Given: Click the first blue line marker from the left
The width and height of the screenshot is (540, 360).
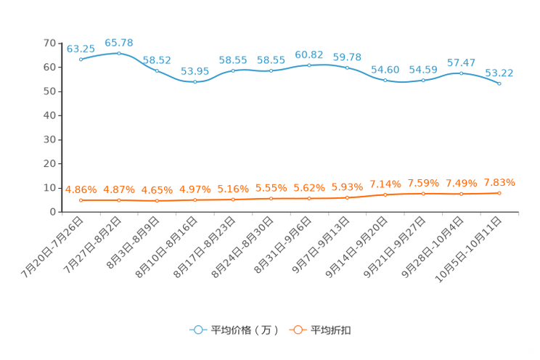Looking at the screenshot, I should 81,59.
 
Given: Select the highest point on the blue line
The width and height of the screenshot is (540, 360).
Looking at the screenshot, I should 118,53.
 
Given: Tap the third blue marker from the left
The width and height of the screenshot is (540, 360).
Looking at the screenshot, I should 157,70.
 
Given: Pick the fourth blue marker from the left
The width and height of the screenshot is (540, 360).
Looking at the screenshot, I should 195,81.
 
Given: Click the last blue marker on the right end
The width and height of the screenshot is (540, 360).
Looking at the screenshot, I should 499,83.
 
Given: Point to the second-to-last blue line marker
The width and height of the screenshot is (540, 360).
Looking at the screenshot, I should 461,73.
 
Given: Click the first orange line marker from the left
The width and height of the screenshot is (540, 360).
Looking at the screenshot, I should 81,200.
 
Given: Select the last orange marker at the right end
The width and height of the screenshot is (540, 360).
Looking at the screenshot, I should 499,193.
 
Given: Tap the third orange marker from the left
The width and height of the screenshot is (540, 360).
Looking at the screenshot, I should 157,200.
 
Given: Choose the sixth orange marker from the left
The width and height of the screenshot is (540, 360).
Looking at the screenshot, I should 271,198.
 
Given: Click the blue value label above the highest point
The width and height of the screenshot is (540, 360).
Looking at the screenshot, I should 118,43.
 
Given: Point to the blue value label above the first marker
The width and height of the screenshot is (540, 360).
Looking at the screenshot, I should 81,49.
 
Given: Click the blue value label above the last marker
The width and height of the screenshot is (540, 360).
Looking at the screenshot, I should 499,73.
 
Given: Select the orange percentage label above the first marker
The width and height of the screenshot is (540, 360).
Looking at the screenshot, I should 81,190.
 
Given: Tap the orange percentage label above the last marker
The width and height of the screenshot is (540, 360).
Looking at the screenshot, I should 499,183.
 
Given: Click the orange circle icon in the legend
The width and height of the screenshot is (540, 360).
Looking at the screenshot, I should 298,330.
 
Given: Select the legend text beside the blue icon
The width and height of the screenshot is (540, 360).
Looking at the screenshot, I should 245,330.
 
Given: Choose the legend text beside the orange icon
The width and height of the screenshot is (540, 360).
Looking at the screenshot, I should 332,330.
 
